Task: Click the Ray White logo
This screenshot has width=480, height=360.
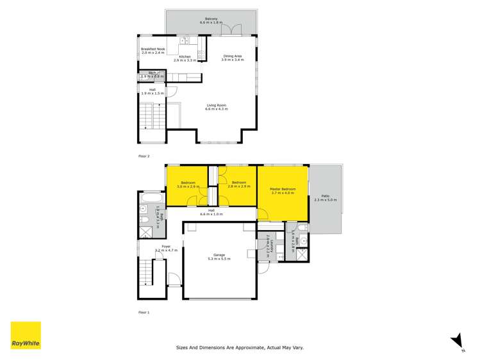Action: tap(26, 336)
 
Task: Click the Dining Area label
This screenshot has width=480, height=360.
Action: tap(233, 56)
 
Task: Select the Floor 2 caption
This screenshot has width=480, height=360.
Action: tap(144, 156)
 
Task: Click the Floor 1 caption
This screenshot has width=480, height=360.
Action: tap(144, 313)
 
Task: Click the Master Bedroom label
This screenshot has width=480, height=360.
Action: tap(283, 189)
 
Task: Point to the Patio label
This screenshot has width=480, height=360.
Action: tap(326, 197)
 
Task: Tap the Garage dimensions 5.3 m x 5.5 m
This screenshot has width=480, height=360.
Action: tap(219, 259)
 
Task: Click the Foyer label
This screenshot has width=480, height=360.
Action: tap(165, 246)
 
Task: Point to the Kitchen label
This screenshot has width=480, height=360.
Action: tap(185, 56)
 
